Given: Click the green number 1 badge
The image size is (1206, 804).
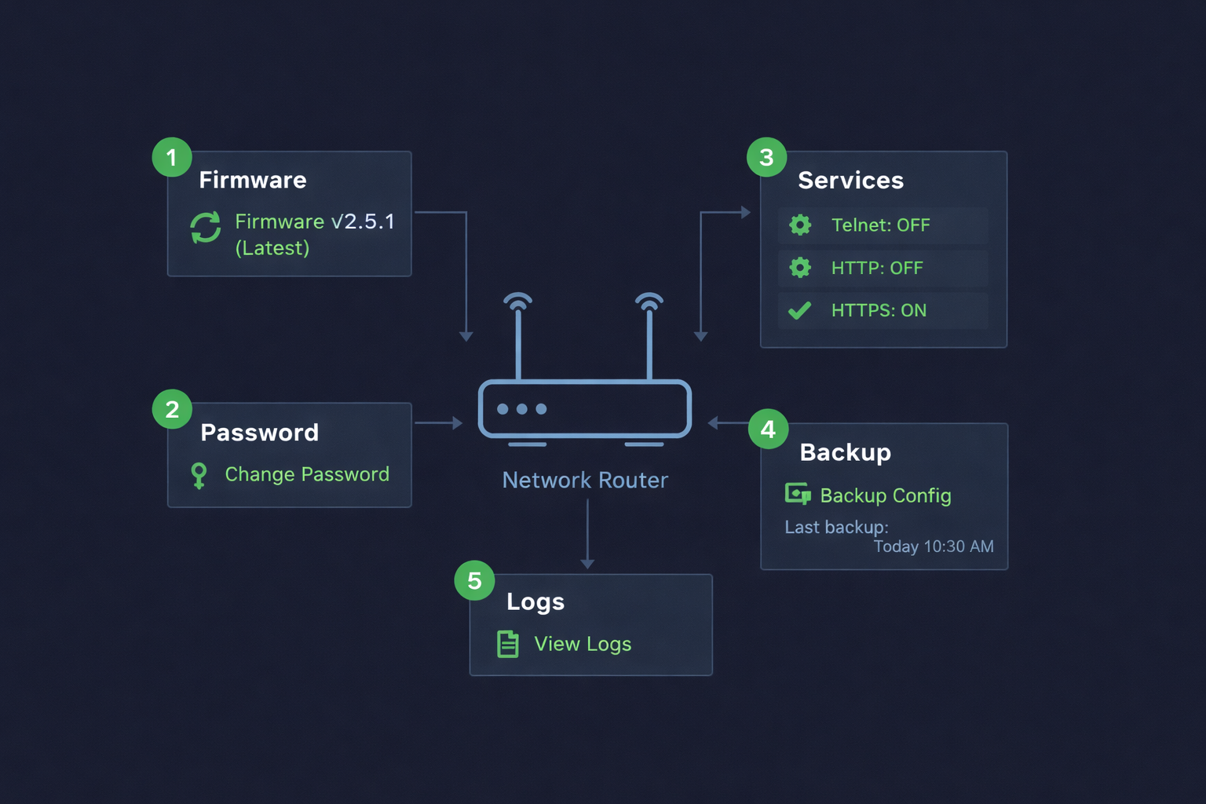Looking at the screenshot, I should tap(172, 157).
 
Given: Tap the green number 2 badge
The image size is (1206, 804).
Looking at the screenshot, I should tap(172, 409).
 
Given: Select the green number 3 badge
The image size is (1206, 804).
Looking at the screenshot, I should tap(767, 157).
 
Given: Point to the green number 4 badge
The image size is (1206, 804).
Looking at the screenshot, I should tap(768, 429).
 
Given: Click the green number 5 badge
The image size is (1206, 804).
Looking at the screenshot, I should tap(474, 580).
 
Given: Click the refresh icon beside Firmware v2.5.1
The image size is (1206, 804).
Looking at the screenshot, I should tap(206, 228).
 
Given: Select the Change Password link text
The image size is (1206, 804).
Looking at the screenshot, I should tap(307, 474).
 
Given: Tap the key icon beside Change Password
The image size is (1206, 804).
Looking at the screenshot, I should tap(199, 475).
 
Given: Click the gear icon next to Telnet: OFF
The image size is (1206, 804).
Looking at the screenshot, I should tap(800, 225).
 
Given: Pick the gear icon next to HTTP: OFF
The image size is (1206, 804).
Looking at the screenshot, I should tap(800, 268).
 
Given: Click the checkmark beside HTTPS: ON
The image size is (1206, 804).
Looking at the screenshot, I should tap(799, 311).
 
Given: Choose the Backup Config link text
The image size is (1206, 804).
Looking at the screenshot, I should tap(885, 495).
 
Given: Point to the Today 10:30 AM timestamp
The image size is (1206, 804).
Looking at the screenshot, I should tap(933, 546).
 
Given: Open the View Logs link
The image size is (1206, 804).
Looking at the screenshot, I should tap(583, 644).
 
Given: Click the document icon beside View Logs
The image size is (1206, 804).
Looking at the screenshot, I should tap(508, 644).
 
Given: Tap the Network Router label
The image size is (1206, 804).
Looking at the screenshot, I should tap(585, 480).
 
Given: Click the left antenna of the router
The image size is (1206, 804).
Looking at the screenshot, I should tap(518, 338).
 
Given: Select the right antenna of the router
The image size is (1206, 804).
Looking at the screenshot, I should tap(649, 338).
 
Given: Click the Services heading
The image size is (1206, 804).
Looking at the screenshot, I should tap(850, 181).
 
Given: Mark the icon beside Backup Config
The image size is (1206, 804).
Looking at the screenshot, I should tap(798, 494).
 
